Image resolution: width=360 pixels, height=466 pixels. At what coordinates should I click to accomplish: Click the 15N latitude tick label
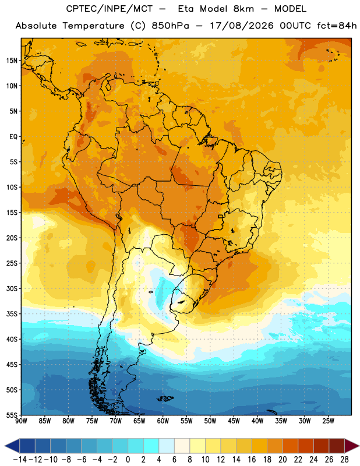tap(12, 61)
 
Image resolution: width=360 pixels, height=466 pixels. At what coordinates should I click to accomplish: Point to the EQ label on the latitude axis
tap(13, 137)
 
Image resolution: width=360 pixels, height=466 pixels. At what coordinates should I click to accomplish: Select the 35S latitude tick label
tap(12, 314)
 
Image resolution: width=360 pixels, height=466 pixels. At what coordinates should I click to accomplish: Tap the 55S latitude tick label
tap(12, 415)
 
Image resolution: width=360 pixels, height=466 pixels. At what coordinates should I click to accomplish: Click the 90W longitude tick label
tap(21, 421)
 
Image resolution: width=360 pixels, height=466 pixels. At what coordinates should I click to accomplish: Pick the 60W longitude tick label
tap(163, 421)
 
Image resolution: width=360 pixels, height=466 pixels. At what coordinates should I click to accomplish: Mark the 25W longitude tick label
tap(328, 421)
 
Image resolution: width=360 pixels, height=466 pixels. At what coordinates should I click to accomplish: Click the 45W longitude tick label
tap(234, 421)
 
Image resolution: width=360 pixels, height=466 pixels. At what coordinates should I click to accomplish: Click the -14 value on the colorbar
tap(20, 460)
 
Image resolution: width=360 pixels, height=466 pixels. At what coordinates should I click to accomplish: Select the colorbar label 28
tap(344, 460)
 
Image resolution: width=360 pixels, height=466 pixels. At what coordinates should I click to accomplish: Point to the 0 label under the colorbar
tap(128, 460)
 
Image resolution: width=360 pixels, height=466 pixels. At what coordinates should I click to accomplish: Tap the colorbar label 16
tap(252, 460)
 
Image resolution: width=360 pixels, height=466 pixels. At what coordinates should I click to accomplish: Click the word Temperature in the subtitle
tap(93, 26)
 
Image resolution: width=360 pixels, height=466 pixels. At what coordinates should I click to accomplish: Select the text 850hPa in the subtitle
tap(170, 26)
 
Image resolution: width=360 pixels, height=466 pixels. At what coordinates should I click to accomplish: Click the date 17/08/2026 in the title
tap(242, 26)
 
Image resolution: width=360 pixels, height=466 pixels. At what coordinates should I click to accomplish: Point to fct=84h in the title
tap(337, 26)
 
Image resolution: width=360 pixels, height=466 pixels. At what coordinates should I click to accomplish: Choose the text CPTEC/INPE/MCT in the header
tap(110, 9)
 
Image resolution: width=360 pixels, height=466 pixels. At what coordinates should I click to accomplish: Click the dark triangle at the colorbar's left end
tap(12, 446)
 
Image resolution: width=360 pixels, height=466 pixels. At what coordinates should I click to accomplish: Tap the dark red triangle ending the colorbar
tap(352, 446)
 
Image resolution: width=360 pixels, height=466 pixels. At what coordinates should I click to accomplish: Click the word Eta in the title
tap(186, 9)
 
